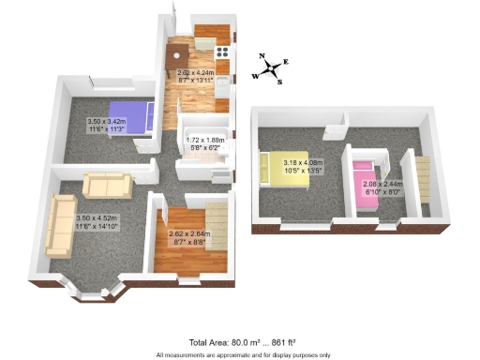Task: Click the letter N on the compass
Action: (262, 55)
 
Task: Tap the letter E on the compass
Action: (286, 62)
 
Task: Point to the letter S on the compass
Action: (279, 82)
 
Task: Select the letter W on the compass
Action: (255, 76)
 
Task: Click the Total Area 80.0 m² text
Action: (239, 343)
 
